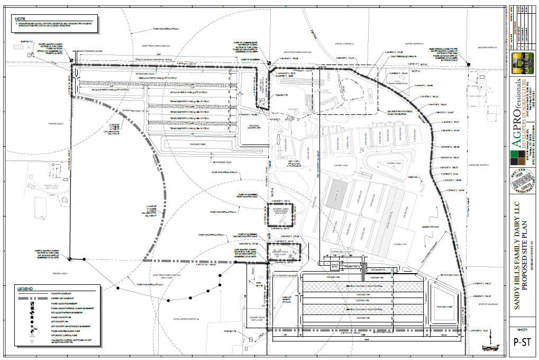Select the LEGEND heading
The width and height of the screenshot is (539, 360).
pos(24,289)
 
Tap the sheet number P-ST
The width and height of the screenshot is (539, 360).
pos(523,341)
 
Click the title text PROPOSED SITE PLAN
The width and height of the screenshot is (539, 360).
pos(526,247)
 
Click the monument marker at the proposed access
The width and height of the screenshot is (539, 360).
pos(72,60)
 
